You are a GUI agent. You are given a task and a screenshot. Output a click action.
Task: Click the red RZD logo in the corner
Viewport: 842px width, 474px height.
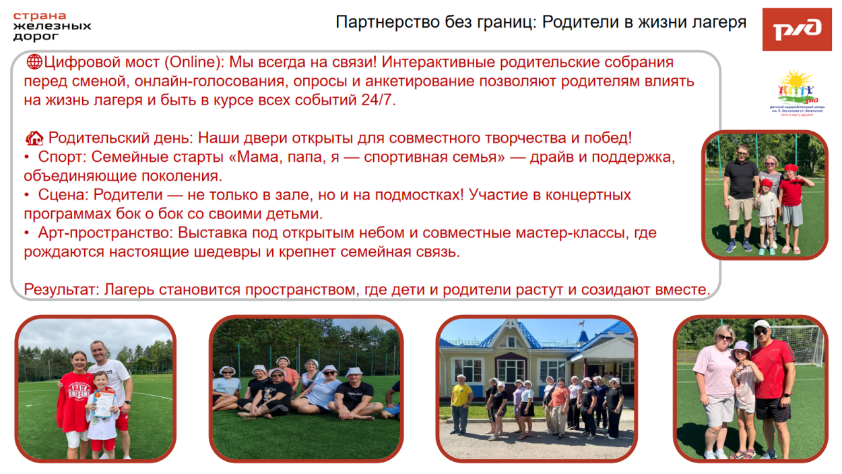tap(797, 29)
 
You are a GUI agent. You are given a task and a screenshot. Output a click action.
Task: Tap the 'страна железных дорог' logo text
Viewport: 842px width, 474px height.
tap(52, 26)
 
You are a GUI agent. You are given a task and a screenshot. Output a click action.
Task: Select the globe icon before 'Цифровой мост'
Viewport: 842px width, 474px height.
tap(34, 63)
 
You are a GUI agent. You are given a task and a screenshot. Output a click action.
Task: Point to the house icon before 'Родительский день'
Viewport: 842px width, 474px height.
tap(34, 139)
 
